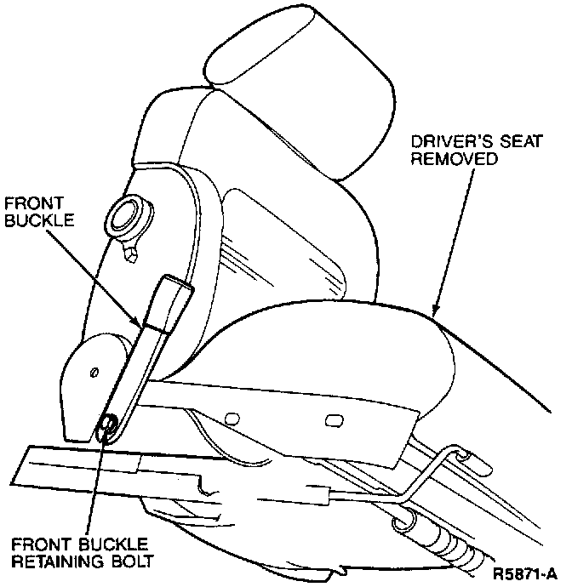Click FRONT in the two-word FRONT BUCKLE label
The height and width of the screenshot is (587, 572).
click(x=26, y=204)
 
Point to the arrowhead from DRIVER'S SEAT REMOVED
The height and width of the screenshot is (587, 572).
click(x=435, y=311)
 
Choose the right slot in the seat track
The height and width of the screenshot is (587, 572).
click(x=333, y=419)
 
